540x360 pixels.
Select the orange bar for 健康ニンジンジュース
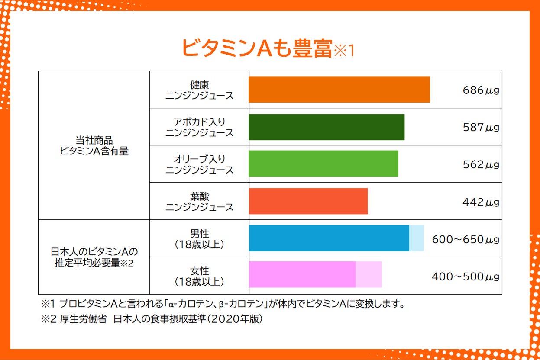[x=339, y=90]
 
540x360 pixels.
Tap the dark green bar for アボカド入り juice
[x=327, y=127]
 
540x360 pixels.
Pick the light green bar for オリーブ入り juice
[x=323, y=164]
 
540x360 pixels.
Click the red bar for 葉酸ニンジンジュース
[x=308, y=201]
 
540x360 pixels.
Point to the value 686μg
[x=481, y=90]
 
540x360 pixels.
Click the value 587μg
[x=481, y=127]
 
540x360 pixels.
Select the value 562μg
[x=481, y=164]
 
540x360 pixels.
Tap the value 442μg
[x=481, y=202]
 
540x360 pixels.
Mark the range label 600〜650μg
[x=466, y=239]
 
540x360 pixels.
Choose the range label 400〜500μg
[x=466, y=276]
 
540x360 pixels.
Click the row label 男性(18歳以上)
[x=199, y=239]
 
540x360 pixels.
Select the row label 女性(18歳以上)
[x=199, y=276]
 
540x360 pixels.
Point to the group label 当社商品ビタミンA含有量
[x=94, y=146]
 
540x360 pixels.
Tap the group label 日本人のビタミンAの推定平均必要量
[x=94, y=257]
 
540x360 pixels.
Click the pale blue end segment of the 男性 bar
[x=417, y=238]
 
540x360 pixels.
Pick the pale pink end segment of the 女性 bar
[x=369, y=274]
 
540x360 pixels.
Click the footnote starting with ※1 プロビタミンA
[x=223, y=303]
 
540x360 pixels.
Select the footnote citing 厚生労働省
[x=152, y=319]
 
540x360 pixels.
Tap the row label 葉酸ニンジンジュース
[x=199, y=202]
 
